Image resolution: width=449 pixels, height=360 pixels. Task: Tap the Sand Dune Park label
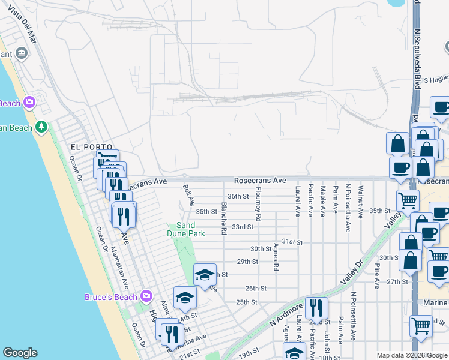186,229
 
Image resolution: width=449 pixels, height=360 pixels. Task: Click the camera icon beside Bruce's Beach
146,296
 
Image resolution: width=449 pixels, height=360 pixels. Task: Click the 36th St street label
238,196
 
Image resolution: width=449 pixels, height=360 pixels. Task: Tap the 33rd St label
243,227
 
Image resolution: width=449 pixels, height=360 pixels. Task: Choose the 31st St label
292,242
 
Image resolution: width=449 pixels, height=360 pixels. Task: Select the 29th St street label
247,262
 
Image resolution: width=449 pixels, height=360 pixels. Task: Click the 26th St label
255,289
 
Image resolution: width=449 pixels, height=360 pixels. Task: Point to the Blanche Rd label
223,218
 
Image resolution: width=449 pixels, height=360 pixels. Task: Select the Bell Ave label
188,194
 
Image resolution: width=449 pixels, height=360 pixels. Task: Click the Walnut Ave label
360,202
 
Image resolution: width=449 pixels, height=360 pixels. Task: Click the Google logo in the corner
20,353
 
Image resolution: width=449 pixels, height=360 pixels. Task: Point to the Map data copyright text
411,355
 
